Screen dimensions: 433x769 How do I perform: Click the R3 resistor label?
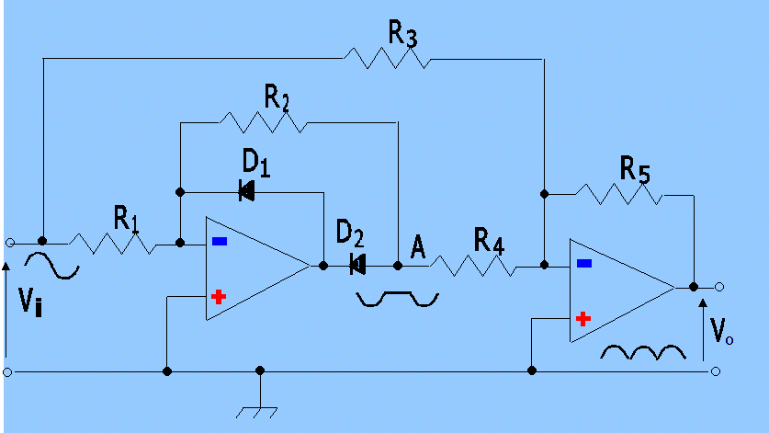coord(401,34)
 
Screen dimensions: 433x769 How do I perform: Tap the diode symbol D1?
coord(246,191)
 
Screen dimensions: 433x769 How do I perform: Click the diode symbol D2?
coord(357,265)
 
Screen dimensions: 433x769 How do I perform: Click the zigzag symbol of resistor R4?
coord(472,267)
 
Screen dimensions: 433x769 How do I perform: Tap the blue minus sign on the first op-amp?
coord(219,242)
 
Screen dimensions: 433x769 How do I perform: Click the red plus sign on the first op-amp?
coord(219,297)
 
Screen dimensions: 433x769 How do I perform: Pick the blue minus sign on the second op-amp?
coord(582,264)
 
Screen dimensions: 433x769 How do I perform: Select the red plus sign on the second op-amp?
coord(582,319)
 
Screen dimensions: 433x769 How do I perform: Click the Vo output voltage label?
coord(721,331)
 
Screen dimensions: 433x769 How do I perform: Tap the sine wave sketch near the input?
coord(52,266)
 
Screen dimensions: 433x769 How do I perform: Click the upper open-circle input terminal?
coord(9,244)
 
